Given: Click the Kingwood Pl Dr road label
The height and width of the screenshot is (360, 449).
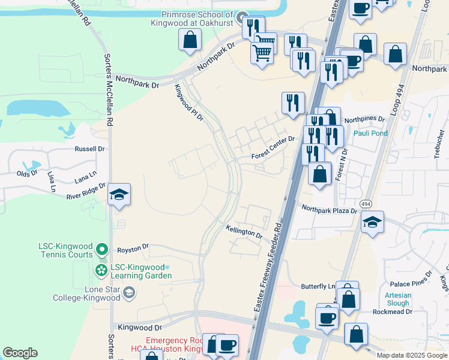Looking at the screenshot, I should [x=189, y=103].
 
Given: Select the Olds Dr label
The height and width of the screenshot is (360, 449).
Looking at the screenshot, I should [x=27, y=174].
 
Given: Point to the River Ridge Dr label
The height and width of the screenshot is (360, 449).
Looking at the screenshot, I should [x=86, y=191].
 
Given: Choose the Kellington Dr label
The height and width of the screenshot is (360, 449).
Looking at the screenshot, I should [x=244, y=232].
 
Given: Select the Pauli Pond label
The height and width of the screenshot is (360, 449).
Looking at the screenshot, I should [x=370, y=133].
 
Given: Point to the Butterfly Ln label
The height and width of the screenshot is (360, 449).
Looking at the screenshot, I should [x=318, y=287].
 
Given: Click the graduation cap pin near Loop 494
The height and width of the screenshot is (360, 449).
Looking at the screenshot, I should [x=373, y=222].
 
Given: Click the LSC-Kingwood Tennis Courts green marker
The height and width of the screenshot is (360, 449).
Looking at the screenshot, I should [x=102, y=248].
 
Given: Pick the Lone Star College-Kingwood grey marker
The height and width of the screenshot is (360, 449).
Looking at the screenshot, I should [x=128, y=293].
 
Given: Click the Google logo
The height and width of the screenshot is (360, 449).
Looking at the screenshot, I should [x=20, y=353].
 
